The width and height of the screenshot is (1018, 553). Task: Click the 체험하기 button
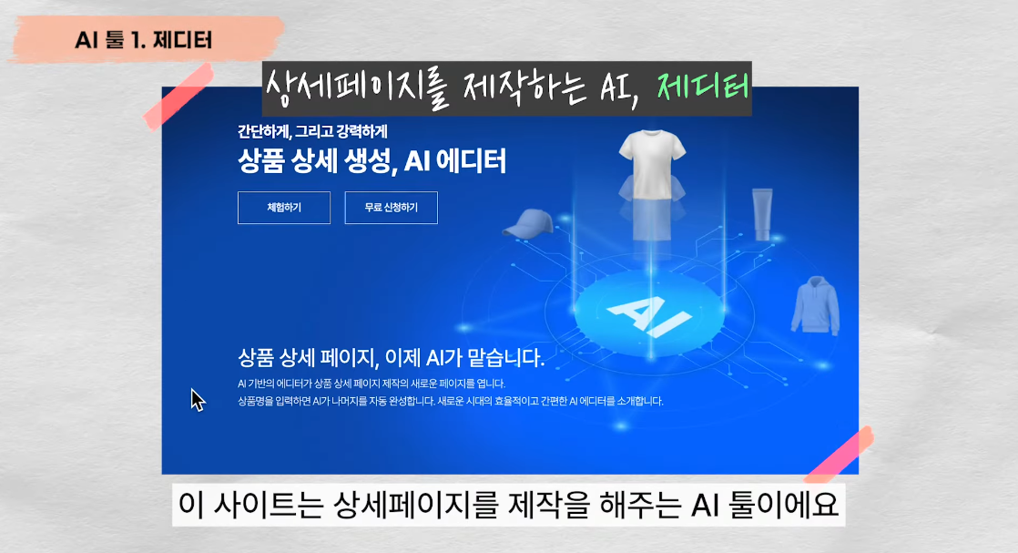pos(284,208)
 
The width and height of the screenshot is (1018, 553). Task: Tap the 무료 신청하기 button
pos(391,208)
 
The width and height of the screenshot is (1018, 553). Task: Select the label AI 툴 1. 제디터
pos(145,40)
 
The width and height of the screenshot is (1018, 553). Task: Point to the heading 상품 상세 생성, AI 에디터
pos(372,161)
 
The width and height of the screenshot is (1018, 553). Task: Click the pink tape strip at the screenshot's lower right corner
pos(838,455)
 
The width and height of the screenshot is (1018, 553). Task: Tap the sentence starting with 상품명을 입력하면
pos(450,401)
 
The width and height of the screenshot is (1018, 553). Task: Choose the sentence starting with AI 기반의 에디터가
pos(372,384)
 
